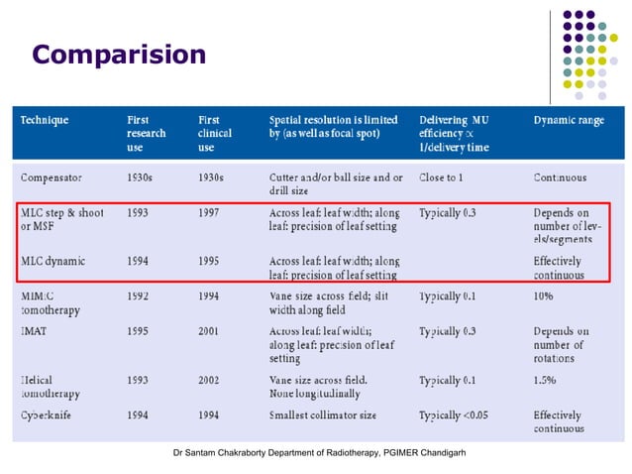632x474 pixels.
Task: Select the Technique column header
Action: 46,120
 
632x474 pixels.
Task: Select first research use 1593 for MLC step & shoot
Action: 139,212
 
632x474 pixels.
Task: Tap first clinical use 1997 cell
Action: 210,212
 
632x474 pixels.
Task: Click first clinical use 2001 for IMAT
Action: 210,331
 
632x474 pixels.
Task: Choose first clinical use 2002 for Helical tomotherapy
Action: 210,380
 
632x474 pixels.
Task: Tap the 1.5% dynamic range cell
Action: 546,380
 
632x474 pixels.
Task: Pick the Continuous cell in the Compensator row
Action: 560,178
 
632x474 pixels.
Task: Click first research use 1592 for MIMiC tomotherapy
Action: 139,296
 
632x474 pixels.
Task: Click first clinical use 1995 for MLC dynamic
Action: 210,261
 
